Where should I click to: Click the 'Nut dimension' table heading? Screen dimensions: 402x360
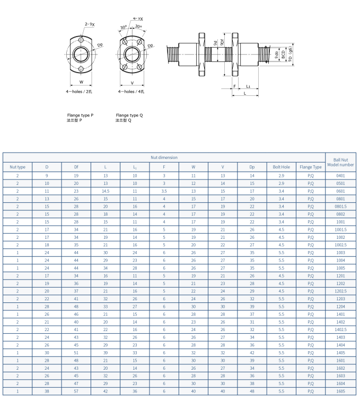tap(164, 157)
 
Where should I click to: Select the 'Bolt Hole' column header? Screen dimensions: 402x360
tap(282, 167)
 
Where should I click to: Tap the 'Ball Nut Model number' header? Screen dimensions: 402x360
tap(340, 162)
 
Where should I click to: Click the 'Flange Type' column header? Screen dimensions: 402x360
tap(311, 167)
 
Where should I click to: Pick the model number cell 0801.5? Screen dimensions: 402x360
tap(340, 206)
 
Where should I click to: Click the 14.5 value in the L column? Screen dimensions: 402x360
tap(106, 191)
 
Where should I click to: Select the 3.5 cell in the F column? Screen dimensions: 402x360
tap(164, 191)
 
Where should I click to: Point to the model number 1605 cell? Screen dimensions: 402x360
tap(340, 391)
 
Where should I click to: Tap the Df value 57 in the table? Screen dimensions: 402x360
tap(76, 391)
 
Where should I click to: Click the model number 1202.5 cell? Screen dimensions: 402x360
tap(340, 291)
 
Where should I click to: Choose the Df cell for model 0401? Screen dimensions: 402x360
tap(76, 175)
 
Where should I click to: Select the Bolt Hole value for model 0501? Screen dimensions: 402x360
tap(282, 183)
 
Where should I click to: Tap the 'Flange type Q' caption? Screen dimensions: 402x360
tap(129, 115)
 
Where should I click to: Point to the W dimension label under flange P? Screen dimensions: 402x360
tap(81, 82)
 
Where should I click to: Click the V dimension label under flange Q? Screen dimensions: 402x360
tap(132, 83)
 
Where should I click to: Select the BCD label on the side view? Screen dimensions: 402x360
tap(284, 55)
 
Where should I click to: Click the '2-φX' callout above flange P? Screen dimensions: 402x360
tap(89, 24)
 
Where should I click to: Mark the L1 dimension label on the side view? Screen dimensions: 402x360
tap(248, 86)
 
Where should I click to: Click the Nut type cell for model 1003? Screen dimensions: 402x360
tap(17, 252)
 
